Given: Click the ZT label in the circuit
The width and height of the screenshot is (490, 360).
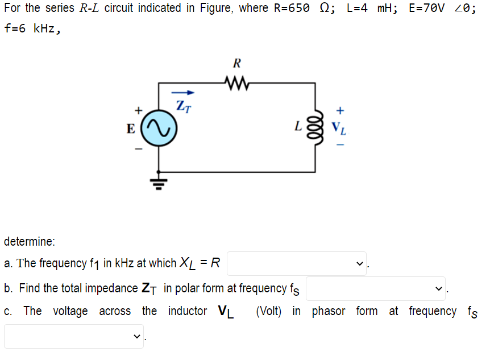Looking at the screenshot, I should point(183,105).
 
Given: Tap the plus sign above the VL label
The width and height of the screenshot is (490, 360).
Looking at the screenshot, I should point(340,109).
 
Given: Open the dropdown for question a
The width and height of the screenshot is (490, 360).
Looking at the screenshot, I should point(297,263).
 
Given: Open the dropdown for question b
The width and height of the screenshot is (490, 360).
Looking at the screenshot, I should point(376,288).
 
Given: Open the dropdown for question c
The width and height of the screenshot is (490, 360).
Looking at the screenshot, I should point(74,336).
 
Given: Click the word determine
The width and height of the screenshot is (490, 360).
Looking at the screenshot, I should point(30,241).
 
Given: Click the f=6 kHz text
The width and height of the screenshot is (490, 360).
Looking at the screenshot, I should point(31,29).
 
